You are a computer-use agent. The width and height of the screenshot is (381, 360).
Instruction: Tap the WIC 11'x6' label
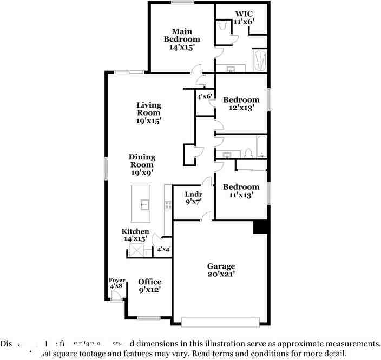[244, 17]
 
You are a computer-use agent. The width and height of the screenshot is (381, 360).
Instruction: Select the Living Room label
[148, 113]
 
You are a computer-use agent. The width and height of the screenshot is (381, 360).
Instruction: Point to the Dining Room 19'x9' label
[142, 165]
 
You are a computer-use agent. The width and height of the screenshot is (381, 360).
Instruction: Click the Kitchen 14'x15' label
[135, 235]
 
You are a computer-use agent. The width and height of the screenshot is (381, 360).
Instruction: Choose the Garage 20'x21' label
[221, 270]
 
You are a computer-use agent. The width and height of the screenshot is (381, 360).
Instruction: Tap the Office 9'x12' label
[149, 285]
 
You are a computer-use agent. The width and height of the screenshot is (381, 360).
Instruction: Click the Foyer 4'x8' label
[117, 282]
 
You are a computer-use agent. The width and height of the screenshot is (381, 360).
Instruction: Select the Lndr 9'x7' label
[193, 198]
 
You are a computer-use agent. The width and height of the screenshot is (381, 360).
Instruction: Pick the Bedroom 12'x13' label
[241, 103]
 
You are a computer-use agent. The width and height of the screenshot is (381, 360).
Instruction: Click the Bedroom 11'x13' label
[241, 191]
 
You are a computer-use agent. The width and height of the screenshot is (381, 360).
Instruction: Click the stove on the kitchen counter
[168, 205]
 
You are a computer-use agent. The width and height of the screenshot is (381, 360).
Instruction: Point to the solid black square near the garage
[260, 227]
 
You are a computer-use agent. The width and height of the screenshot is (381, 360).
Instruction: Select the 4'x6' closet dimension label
[204, 97]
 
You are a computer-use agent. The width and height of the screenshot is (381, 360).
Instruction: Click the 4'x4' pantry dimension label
[163, 249]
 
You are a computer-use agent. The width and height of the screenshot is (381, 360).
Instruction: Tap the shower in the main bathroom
[260, 61]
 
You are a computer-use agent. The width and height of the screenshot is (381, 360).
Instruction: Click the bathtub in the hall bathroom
[261, 146]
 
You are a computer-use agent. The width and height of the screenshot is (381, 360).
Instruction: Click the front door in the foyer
[115, 296]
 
